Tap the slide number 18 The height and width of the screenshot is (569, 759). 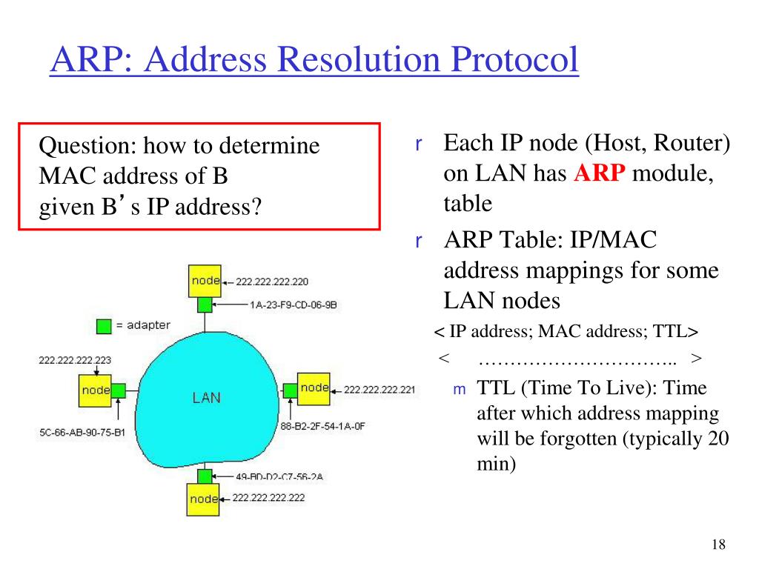coord(717,545)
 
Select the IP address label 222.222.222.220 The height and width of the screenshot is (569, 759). coord(272,282)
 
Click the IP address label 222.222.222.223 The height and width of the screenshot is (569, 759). coord(75,361)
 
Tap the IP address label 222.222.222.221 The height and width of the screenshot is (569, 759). coord(379,390)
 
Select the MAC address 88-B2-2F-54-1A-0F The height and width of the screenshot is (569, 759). coord(322,426)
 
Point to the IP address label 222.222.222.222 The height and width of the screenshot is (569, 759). coord(268,498)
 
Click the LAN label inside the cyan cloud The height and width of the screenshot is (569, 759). coord(206,398)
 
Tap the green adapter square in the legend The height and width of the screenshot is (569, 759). coord(105,325)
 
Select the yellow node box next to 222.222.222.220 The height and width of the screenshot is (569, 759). coord(205,281)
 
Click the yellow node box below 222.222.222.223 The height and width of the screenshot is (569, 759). coord(95,390)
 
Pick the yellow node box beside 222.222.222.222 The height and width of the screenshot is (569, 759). coord(204,499)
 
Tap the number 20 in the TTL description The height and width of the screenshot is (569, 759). coord(718,439)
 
